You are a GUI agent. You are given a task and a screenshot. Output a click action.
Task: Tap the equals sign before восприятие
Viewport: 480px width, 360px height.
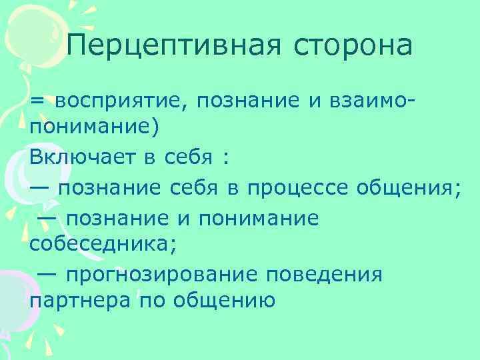(37, 101)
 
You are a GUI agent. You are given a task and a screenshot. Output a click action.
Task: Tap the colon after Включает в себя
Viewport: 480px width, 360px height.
(227, 158)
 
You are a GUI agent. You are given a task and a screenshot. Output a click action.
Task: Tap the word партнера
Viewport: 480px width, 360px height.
(79, 302)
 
